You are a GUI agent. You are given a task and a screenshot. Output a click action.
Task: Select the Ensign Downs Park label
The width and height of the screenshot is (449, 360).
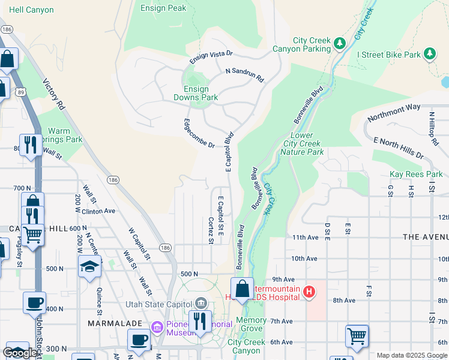tap(196, 92)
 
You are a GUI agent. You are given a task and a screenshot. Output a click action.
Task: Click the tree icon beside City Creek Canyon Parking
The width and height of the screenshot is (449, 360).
tap(340, 43)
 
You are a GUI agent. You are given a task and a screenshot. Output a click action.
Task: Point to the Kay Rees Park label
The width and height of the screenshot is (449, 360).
tap(416, 175)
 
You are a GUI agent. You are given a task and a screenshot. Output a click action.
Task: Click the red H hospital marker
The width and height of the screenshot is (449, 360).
tap(309, 292)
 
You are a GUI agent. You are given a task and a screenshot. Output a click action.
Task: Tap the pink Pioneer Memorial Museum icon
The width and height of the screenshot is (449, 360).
tap(157, 327)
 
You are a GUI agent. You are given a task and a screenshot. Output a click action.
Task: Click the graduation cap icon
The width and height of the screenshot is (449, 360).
tap(89, 266)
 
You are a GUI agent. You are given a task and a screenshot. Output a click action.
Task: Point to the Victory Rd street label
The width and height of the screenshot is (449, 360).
tap(53, 95)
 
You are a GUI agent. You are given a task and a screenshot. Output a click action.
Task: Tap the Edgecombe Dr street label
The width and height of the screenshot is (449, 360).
tap(199, 133)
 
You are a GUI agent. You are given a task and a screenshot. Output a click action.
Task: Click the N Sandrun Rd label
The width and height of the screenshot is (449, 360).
tap(244, 74)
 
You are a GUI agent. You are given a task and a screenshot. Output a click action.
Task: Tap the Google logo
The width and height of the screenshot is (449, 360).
tap(20, 353)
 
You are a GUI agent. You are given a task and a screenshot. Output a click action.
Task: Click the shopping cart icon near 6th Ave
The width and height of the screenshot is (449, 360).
tap(357, 336)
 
